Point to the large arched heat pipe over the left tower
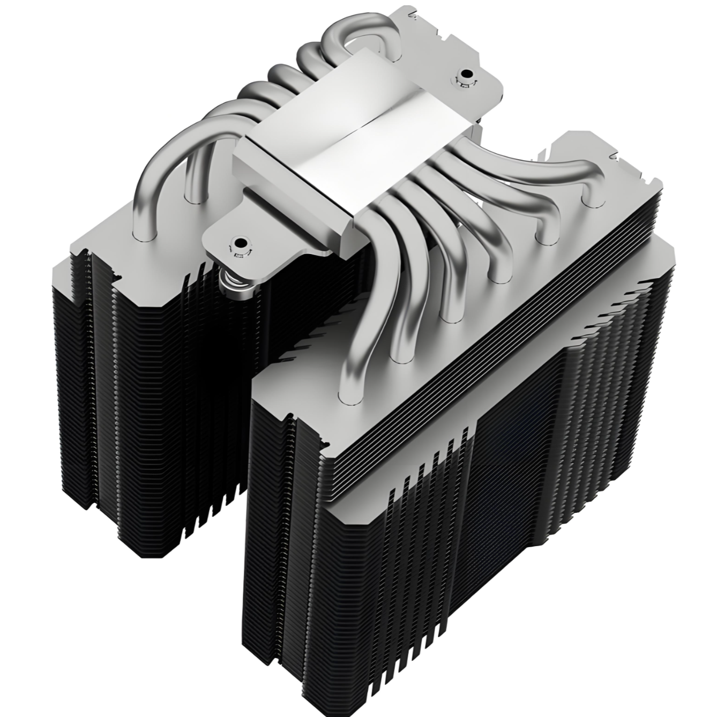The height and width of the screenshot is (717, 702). click(x=161, y=177)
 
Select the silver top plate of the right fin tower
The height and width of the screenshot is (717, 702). click(x=482, y=311)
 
